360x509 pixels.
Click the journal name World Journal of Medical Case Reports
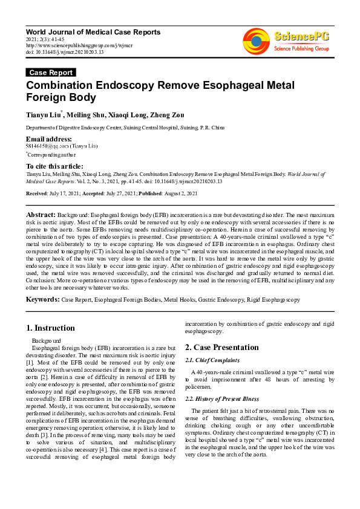click(93, 31)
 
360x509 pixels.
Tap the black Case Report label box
click(51, 73)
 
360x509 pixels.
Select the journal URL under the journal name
click(79, 45)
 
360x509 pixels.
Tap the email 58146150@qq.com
click(47, 147)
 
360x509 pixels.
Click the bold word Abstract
click(41, 215)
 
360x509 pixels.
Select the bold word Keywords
click(42, 299)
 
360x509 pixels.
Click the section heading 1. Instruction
click(51, 329)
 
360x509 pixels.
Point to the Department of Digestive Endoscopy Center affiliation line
click(125, 128)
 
